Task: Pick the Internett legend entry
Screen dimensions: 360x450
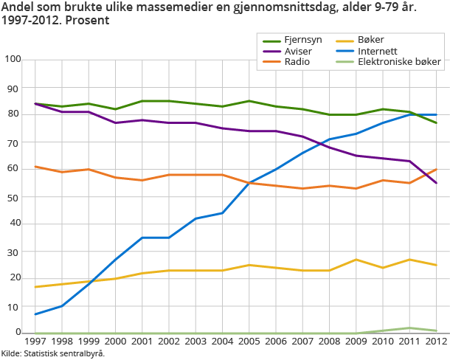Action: [377, 51]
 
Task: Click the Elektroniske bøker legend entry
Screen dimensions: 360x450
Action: [399, 62]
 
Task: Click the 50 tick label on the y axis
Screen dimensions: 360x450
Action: [14, 196]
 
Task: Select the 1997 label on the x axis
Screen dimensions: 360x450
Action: [35, 343]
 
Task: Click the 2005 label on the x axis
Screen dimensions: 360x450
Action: [249, 343]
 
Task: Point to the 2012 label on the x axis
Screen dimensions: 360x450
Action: [435, 343]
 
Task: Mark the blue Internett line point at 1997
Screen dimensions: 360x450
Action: [35, 314]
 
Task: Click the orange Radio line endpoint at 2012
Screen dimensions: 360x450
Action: [436, 169]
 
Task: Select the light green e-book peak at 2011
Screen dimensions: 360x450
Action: [409, 328]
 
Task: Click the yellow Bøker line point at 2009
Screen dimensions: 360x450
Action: [356, 260]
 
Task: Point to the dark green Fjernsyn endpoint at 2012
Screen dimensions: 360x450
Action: [436, 122]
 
